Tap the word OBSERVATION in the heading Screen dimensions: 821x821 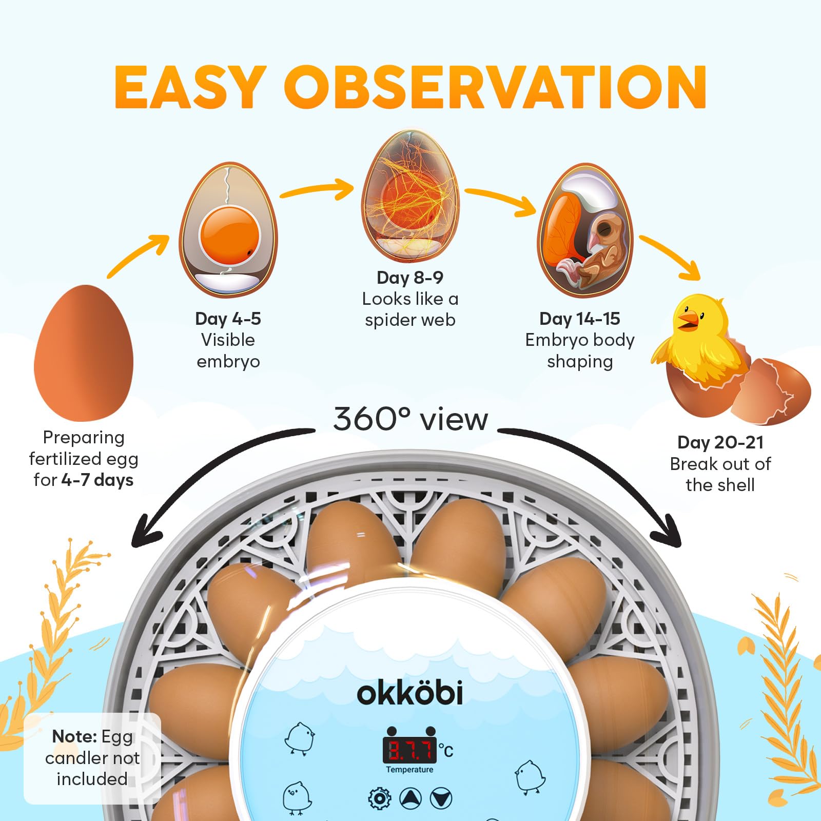[496, 87]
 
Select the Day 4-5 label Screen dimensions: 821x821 [228, 319]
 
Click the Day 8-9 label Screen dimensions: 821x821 [410, 278]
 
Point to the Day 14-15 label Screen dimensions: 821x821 [580, 319]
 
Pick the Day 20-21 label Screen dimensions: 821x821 [720, 442]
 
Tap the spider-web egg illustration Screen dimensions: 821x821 [411, 196]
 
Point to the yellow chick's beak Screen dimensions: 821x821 [688, 321]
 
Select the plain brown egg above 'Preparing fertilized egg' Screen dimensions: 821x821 [84, 353]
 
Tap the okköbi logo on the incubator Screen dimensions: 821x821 [410, 692]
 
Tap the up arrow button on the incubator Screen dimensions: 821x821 [411, 798]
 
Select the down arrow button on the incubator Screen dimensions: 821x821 [441, 798]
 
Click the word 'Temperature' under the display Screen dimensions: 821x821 [409, 770]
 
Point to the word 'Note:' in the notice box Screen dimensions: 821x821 [74, 736]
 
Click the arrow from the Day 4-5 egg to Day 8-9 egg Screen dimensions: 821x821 [317, 189]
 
